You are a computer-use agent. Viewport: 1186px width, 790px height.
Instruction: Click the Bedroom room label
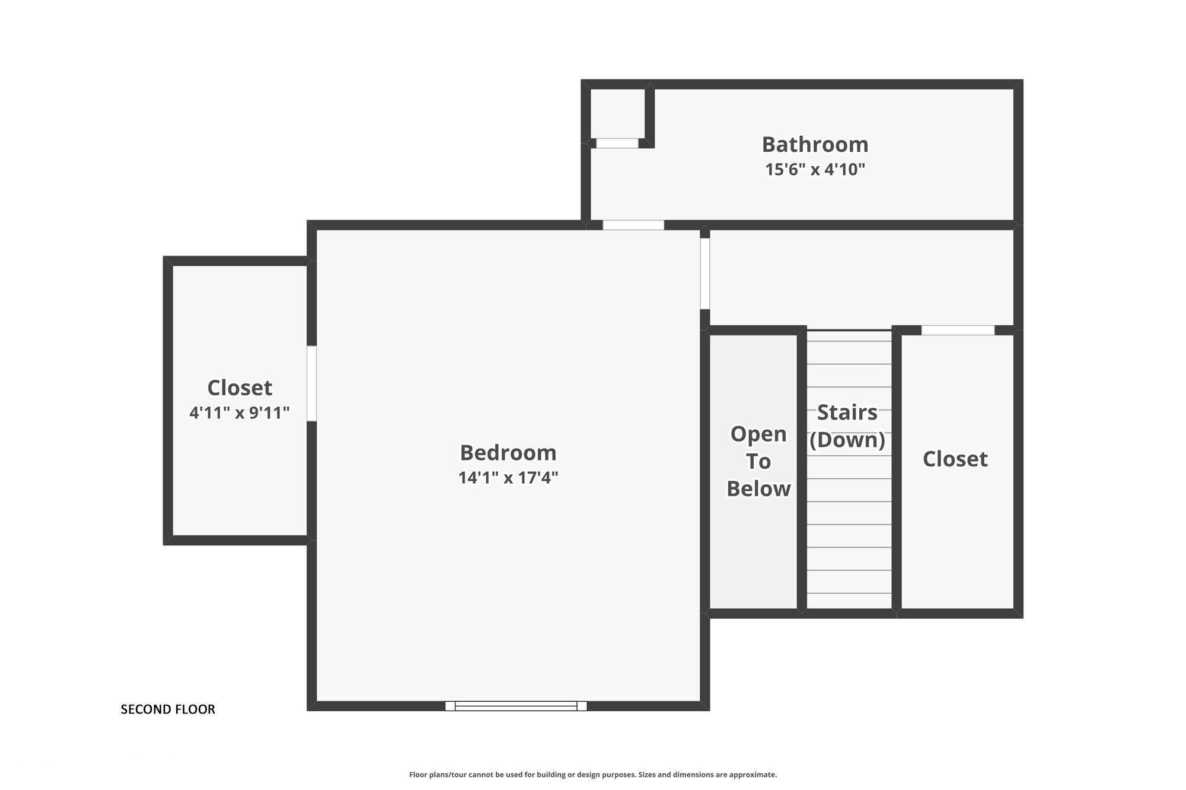pos(508,453)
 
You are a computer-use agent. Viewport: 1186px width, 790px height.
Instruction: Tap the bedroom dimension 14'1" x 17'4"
pos(508,478)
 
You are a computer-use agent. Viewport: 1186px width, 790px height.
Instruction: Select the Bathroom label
pos(815,144)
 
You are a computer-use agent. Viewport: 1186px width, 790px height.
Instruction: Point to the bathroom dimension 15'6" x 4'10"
pos(815,169)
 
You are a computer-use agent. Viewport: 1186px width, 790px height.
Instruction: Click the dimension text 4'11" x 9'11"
pos(240,412)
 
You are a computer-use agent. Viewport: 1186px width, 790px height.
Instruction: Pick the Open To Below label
pos(758,461)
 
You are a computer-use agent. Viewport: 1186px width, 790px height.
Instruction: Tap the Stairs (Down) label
pos(847,426)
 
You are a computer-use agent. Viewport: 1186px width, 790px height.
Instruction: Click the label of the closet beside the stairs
pos(955,459)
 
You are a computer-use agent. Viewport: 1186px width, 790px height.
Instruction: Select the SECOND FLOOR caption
pos(168,709)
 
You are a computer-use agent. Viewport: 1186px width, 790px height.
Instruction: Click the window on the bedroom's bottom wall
pos(516,706)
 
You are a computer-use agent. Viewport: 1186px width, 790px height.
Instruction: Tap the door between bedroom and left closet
pos(311,383)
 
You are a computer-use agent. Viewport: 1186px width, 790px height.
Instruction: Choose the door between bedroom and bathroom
pos(633,225)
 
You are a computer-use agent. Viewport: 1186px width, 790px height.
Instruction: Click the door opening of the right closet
pos(958,330)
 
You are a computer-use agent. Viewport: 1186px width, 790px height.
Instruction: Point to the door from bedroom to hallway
pos(705,273)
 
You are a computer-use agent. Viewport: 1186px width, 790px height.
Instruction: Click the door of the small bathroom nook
pos(617,143)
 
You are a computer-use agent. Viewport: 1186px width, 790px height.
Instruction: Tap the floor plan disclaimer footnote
pos(593,775)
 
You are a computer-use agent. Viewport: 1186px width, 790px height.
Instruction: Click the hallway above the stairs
pos(862,277)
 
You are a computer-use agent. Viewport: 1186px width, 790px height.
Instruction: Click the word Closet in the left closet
pos(240,388)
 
